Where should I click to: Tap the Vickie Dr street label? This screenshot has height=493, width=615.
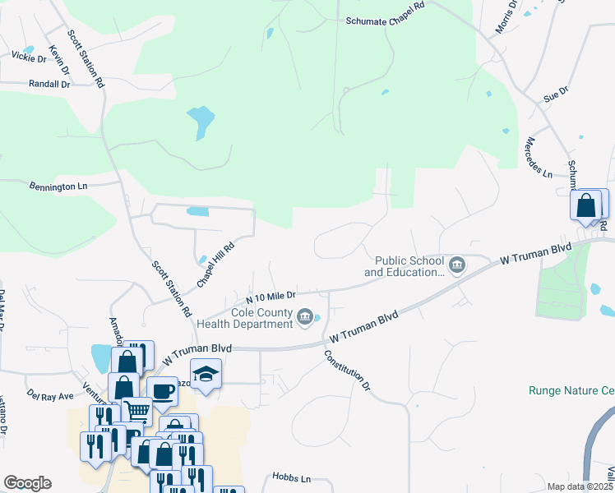pos(29,57)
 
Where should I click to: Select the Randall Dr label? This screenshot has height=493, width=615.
pos(49,84)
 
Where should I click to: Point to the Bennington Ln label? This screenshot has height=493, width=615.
pos(58,187)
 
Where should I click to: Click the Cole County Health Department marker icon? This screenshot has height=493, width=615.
pos(306,317)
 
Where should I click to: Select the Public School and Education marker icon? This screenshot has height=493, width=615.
pos(458,265)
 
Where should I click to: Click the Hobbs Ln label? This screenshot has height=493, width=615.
pos(292,477)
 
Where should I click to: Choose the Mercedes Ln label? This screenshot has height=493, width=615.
pos(539,157)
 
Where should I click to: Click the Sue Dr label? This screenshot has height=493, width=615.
pos(556,95)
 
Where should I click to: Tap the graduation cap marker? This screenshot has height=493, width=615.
pos(206,374)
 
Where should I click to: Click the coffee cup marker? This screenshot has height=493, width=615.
pos(162,389)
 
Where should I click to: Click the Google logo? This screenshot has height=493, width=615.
pos(27,483)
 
